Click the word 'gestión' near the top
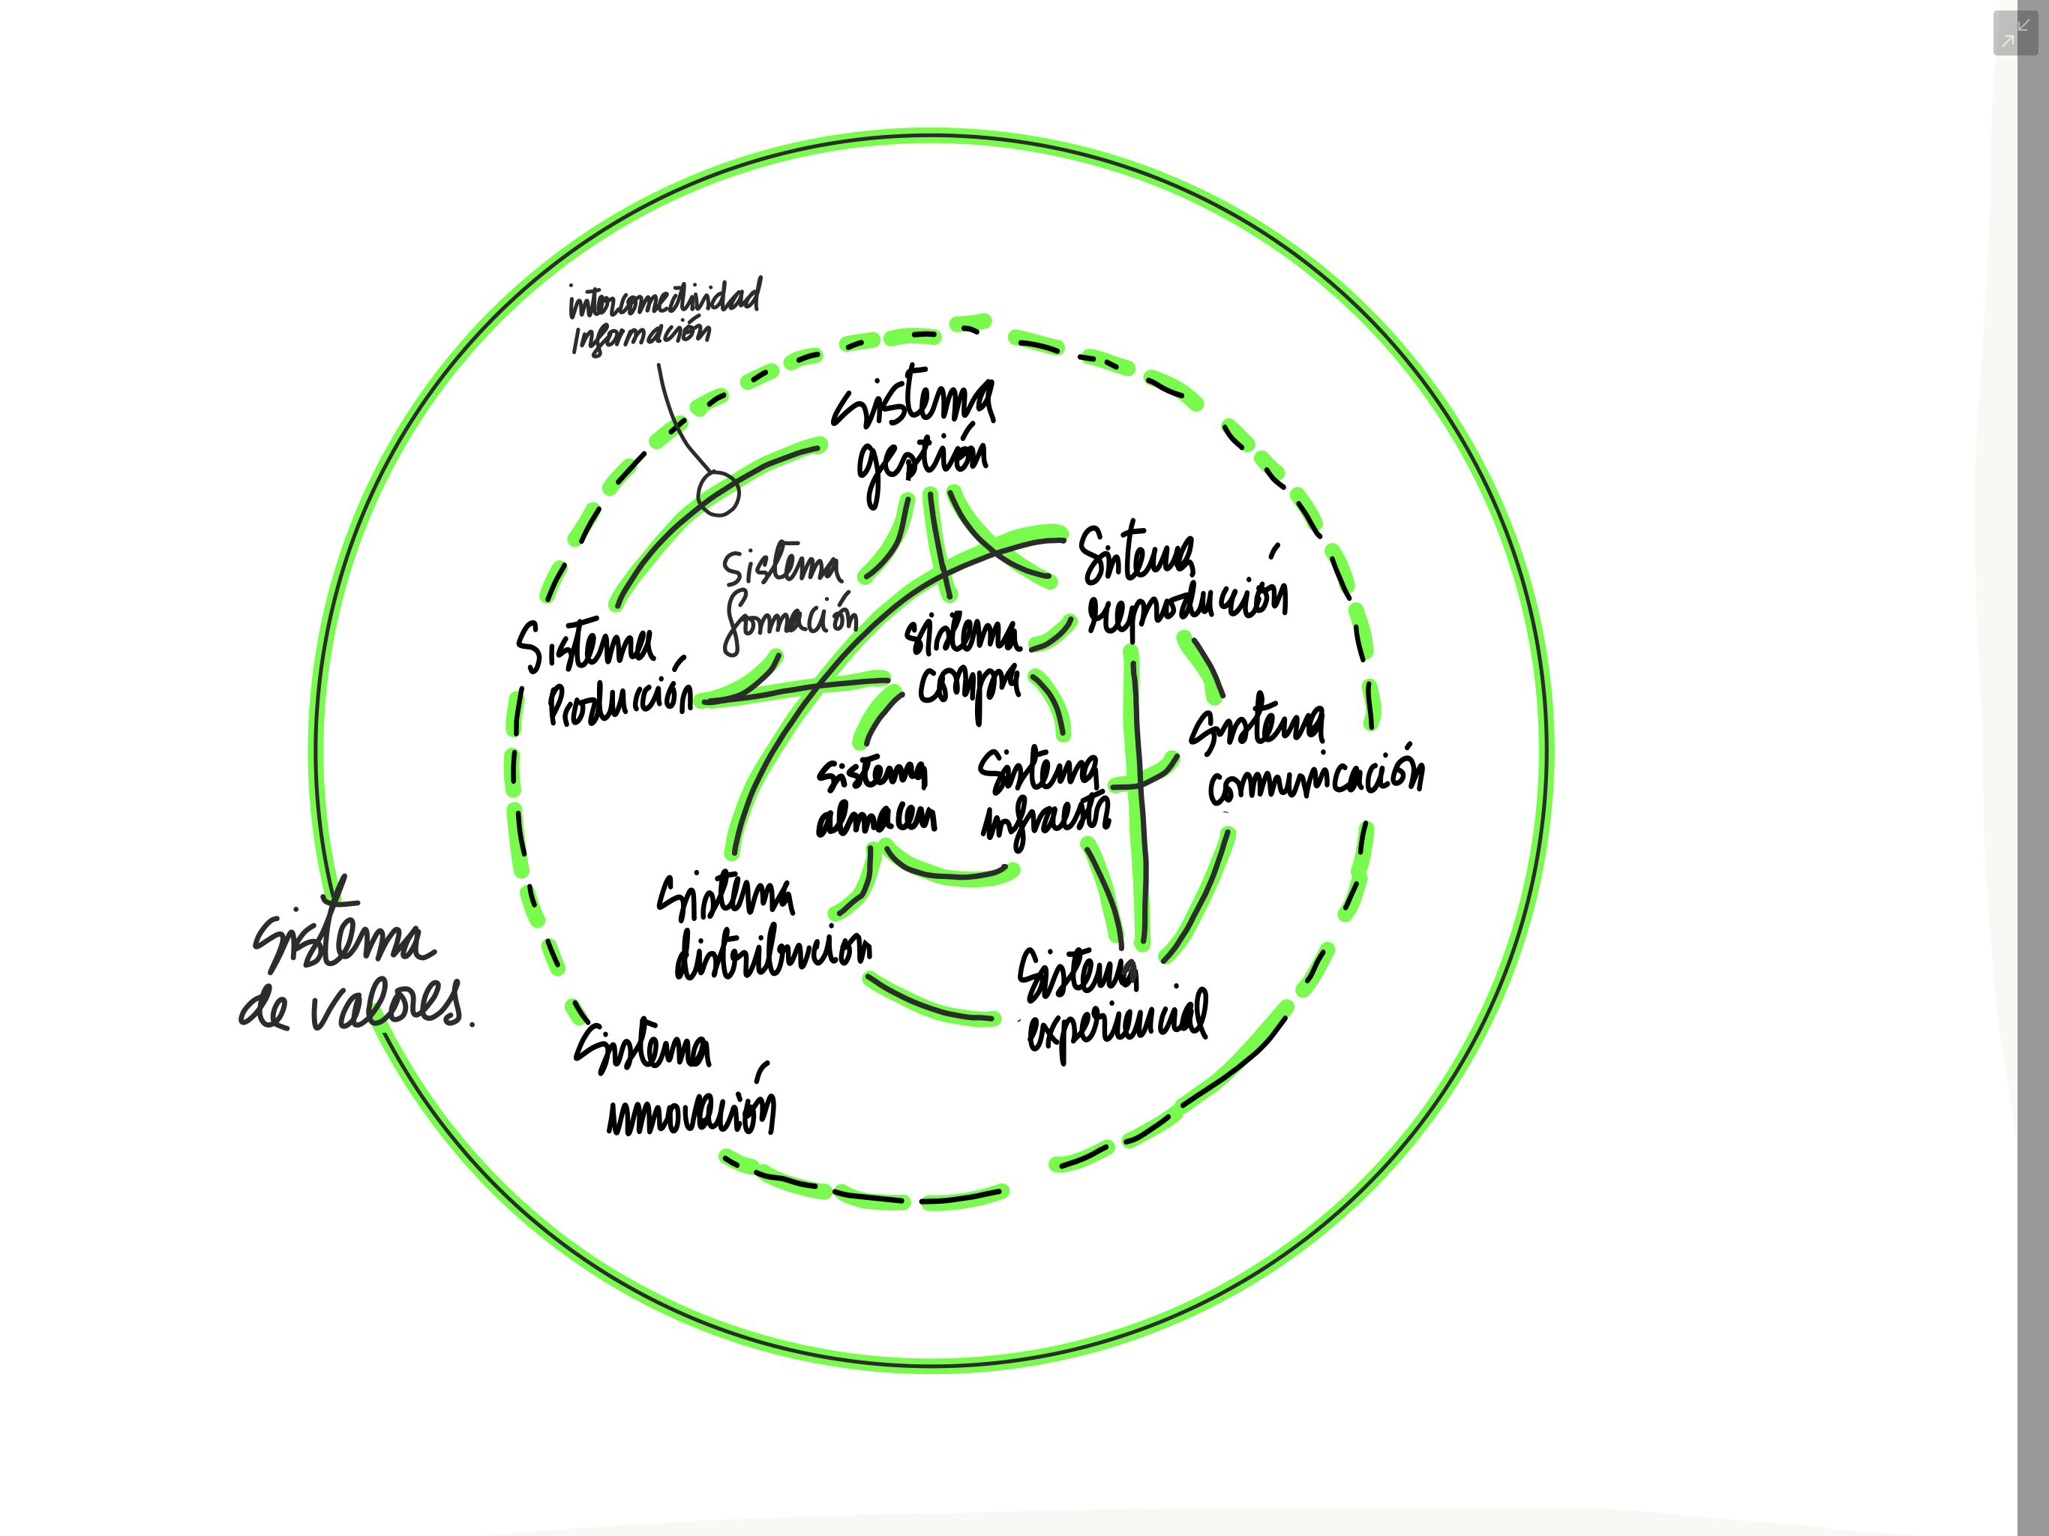coord(922,458)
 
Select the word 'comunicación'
coord(1315,777)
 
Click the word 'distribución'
coord(773,952)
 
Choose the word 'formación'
coord(790,619)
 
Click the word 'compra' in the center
coord(968,686)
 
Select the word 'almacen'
coord(876,819)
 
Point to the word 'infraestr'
coord(1045,818)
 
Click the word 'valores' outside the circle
coord(386,1005)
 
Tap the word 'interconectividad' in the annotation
coord(664,299)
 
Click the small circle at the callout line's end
coord(718,493)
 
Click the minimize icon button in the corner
coord(2014,33)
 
